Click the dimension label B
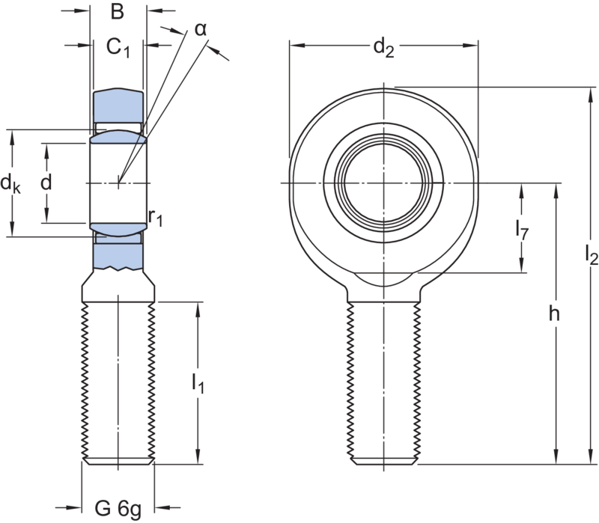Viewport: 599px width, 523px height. click(x=117, y=12)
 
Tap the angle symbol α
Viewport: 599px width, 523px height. click(x=200, y=29)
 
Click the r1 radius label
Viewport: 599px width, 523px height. click(x=155, y=218)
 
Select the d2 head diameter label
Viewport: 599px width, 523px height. click(x=384, y=49)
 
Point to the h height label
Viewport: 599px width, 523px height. click(x=555, y=314)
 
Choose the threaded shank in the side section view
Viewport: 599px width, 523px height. click(x=118, y=382)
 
